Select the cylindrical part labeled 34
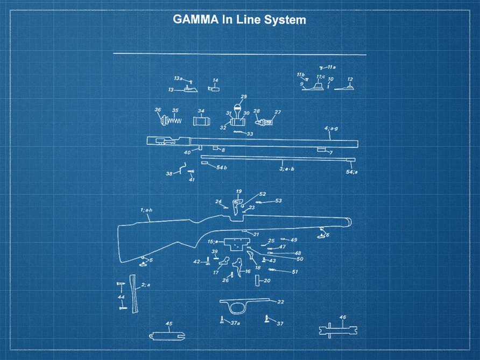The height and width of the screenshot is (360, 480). (x=201, y=121)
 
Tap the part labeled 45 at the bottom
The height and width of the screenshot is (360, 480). (x=167, y=335)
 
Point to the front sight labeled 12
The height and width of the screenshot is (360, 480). (x=345, y=88)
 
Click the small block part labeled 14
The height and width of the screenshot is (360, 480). (x=214, y=89)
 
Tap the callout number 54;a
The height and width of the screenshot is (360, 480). (x=352, y=172)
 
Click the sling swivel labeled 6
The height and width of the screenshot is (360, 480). (x=321, y=231)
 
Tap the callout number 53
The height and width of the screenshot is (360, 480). (x=278, y=201)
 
